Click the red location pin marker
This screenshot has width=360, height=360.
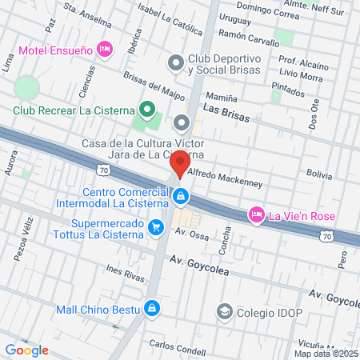[x=181, y=163]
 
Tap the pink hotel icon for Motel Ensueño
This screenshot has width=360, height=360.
[x=103, y=50]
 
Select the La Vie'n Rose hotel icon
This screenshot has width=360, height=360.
[x=257, y=214]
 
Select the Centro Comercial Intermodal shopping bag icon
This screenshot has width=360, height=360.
[x=182, y=195]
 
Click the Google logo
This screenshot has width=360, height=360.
[x=26, y=350]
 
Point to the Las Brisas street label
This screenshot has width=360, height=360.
[x=226, y=117]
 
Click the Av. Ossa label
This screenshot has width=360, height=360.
[x=192, y=234]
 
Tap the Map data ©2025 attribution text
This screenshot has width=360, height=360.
[x=326, y=353]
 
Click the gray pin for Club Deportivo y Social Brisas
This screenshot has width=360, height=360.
[x=175, y=62]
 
